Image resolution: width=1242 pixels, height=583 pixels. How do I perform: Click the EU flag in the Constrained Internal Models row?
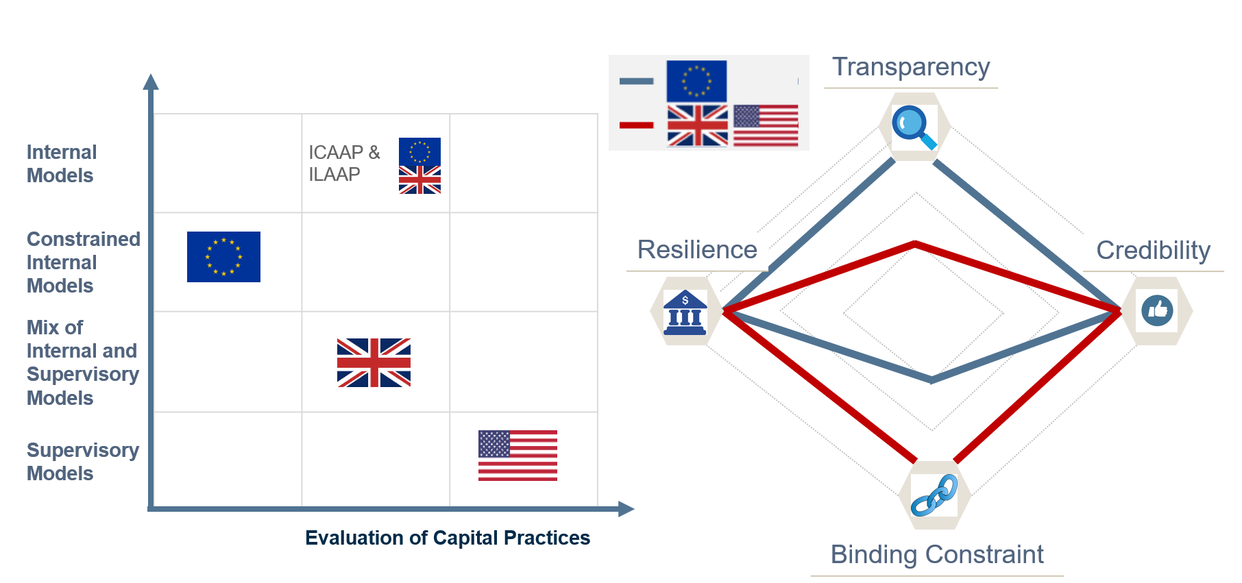pos(223,257)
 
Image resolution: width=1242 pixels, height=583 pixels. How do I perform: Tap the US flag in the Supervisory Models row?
pos(517,456)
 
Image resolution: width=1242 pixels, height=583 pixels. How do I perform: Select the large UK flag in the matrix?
pos(374,362)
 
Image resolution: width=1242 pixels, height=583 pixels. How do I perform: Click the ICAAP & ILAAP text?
pos(343,163)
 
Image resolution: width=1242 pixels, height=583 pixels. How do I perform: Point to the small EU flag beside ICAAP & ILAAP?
pos(419,151)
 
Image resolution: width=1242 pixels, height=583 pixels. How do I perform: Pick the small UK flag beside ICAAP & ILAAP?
pos(419,180)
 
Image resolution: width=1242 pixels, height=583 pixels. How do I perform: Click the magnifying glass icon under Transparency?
pos(914,127)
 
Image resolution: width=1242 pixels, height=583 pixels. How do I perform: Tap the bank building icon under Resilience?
pos(685,312)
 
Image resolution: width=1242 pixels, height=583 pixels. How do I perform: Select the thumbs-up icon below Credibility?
pos(1157,310)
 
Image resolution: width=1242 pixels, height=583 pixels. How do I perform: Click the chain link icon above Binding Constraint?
pos(934,495)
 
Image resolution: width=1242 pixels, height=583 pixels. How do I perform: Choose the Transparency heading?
pos(911,67)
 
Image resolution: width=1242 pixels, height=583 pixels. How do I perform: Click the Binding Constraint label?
pos(937,554)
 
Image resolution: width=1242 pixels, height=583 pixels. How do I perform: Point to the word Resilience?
pos(697,250)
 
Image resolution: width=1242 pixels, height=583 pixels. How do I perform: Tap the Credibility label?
pos(1153,251)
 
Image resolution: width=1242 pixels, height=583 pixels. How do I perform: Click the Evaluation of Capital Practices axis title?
pos(448,538)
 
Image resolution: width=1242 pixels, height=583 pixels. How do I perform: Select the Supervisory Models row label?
pos(82,462)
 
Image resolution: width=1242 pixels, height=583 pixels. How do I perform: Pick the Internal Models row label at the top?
pos(61,164)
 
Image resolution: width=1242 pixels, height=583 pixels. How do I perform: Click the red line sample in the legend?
pos(636,125)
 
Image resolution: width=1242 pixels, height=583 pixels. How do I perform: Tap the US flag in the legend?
pos(766,125)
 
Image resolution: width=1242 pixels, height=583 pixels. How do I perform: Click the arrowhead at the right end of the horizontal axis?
pos(626,509)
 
